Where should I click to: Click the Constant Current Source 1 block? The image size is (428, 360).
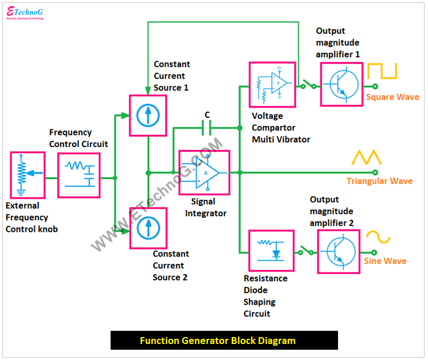pos(148,115)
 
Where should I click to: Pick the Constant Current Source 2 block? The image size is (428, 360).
pos(148,227)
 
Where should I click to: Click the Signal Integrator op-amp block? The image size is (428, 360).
pos(204,172)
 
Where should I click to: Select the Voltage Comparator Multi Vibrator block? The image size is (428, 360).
pos(272,85)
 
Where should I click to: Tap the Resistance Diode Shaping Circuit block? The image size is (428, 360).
pos(271,251)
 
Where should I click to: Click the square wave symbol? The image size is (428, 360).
pos(382,71)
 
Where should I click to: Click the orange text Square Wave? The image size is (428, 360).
pos(392,97)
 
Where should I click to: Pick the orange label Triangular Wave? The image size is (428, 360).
pos(379,181)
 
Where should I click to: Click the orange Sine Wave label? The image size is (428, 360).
pos(385,261)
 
